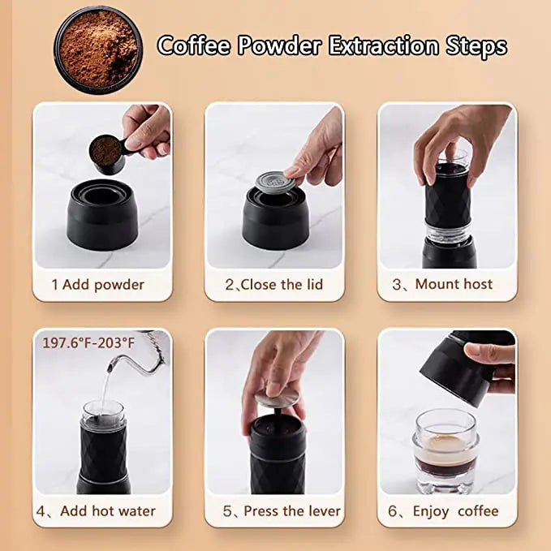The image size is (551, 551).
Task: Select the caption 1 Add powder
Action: [x=97, y=285]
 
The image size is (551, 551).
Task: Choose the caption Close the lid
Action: [x=274, y=285]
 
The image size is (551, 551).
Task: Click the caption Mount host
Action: [x=445, y=284]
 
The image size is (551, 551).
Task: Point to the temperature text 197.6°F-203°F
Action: [x=88, y=343]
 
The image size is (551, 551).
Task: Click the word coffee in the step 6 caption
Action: [x=478, y=511]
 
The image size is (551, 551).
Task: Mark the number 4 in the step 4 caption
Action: [x=41, y=511]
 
